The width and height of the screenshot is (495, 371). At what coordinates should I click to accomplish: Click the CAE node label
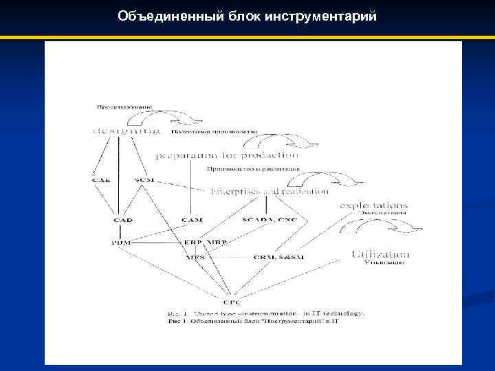coord(100,180)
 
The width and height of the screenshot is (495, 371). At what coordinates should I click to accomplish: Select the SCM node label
coord(145,180)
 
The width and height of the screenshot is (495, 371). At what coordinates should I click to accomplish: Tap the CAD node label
coord(123,220)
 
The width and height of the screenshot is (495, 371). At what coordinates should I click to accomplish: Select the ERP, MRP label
coord(206,243)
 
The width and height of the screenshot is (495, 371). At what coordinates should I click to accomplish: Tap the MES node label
coord(196,258)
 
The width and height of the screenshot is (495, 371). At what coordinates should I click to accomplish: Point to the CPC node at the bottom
coord(232,300)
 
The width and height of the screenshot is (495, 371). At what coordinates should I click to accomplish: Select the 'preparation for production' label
coord(227,156)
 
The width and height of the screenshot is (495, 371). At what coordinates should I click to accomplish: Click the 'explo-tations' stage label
coord(374,205)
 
